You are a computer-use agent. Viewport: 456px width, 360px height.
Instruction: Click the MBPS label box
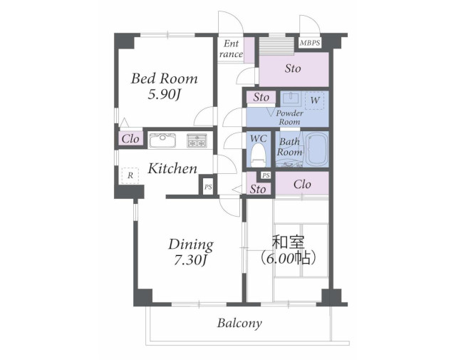pyautogui.click(x=310, y=43)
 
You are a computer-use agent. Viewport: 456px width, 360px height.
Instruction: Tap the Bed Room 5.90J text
pyautogui.click(x=165, y=86)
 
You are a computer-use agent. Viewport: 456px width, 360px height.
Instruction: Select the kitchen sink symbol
pyautogui.click(x=163, y=140)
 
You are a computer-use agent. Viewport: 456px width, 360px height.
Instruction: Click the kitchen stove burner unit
pyautogui.click(x=197, y=140)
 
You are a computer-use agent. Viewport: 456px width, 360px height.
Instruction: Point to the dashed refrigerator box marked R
pyautogui.click(x=130, y=175)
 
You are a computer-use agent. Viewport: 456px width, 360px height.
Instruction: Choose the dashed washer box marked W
pyautogui.click(x=314, y=101)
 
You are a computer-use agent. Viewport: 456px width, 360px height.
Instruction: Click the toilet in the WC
pyautogui.click(x=258, y=155)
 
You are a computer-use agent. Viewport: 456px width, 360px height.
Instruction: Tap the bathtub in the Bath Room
pyautogui.click(x=317, y=149)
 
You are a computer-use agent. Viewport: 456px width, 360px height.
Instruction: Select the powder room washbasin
pyautogui.click(x=291, y=99)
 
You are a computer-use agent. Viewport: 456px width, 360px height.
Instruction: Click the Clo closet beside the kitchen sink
pyautogui.click(x=130, y=139)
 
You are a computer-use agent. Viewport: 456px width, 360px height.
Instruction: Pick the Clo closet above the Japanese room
pyautogui.click(x=302, y=183)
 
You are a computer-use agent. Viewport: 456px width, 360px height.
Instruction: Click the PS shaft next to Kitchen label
pyautogui.click(x=208, y=187)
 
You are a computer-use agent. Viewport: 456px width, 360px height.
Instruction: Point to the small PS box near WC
pyautogui.click(x=266, y=175)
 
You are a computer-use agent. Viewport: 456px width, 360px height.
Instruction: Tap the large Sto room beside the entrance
pyautogui.click(x=294, y=69)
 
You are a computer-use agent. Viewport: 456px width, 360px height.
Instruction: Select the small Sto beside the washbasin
pyautogui.click(x=261, y=97)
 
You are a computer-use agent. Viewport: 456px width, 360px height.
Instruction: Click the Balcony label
pyautogui.click(x=239, y=324)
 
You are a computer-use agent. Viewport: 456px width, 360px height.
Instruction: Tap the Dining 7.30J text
pyautogui.click(x=191, y=252)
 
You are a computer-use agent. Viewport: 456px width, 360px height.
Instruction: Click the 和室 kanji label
pyautogui.click(x=288, y=242)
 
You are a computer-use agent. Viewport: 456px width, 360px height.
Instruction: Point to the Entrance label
pyautogui.click(x=231, y=49)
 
